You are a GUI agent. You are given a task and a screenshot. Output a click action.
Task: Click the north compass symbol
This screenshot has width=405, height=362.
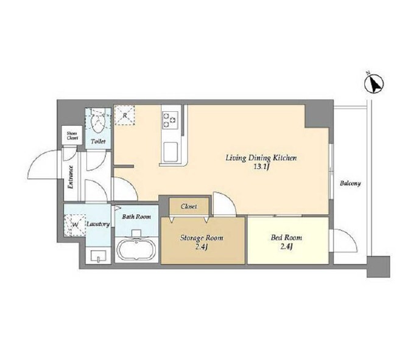click(375, 83)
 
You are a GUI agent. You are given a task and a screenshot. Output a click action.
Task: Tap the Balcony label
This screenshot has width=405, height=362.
click(350, 184)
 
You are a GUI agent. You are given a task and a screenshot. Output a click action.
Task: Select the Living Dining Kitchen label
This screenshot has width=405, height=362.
click(261, 158)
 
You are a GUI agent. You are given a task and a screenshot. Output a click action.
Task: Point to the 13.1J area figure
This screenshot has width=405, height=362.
click(261, 167)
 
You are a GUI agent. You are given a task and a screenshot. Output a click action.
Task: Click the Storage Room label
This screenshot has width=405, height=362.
click(202, 238)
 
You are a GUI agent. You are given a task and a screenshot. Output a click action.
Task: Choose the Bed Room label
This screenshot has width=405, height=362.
click(286, 237)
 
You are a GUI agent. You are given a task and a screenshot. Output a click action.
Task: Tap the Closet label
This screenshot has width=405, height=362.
click(189, 206)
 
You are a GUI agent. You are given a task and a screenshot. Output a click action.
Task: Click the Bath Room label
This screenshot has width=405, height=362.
click(136, 217)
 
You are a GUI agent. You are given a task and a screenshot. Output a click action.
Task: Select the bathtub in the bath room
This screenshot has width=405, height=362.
click(136, 249)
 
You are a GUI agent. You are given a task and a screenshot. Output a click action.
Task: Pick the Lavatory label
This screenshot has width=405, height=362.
click(98, 224)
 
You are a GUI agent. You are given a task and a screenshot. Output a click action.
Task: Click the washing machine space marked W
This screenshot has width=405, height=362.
click(75, 225)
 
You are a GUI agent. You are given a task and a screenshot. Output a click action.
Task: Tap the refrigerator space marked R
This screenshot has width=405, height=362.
click(124, 116)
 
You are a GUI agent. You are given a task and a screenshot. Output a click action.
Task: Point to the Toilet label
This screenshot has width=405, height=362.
click(98, 141)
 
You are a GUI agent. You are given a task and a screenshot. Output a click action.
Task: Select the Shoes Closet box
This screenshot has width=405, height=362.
click(72, 135)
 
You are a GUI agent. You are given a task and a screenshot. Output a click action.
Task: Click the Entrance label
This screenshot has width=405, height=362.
click(70, 177)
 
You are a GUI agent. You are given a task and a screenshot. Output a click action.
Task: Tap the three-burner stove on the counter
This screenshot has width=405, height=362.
click(170, 120)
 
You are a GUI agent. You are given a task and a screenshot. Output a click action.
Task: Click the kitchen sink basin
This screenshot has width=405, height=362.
click(170, 151)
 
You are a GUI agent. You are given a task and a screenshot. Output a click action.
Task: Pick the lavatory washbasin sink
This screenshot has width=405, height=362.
click(99, 256)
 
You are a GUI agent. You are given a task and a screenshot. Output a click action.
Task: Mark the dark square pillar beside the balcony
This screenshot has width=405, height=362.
click(378, 267)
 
